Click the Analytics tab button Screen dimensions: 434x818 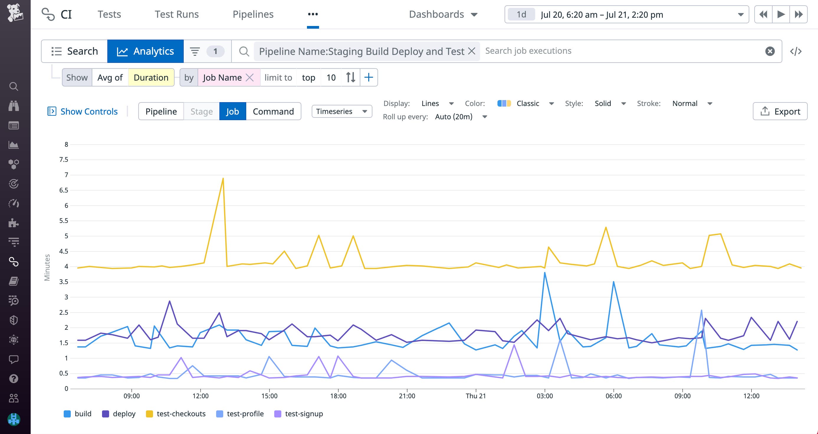(x=145, y=51)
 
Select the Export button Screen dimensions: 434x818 (x=780, y=111)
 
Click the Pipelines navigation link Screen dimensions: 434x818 (x=253, y=14)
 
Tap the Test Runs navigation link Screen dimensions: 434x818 (x=177, y=14)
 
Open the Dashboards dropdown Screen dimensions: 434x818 (x=443, y=14)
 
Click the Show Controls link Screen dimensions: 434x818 (x=83, y=111)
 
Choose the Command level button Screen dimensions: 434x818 (x=273, y=111)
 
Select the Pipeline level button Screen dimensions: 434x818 (x=161, y=111)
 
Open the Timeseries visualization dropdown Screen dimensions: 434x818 (x=342, y=111)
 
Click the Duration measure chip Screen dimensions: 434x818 (x=151, y=78)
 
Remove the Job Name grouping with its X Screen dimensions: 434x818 (x=250, y=78)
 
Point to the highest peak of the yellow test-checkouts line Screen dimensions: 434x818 (x=223, y=178)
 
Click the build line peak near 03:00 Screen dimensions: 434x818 (x=545, y=273)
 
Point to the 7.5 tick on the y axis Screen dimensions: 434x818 (x=64, y=160)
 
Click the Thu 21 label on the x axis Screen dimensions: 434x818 (x=475, y=396)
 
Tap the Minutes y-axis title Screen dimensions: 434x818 (x=47, y=267)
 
